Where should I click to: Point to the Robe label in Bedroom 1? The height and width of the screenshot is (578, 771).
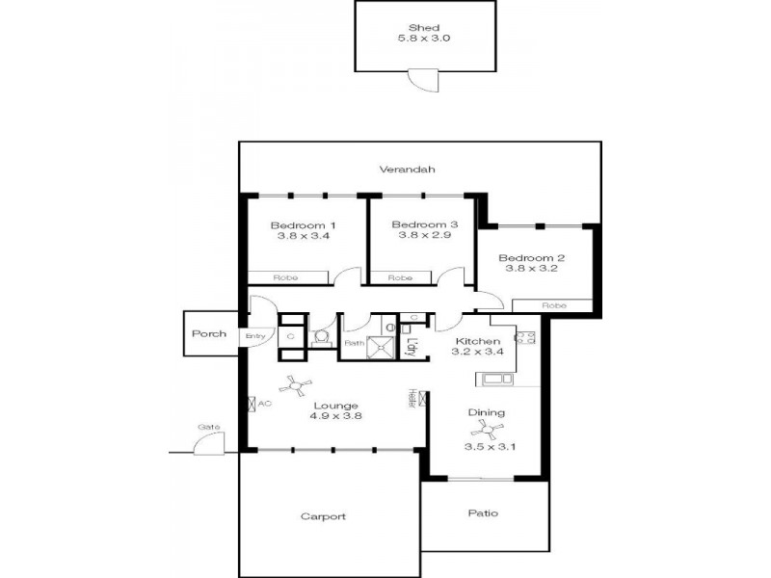click(x=285, y=277)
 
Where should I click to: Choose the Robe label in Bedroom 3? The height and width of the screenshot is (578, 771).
click(x=400, y=277)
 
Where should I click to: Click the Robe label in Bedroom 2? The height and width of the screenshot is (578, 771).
click(x=553, y=305)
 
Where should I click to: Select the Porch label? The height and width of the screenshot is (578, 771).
click(x=208, y=334)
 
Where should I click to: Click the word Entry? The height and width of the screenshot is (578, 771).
click(x=254, y=335)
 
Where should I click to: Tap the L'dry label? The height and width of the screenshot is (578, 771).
click(x=411, y=343)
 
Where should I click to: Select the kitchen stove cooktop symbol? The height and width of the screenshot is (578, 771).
click(x=526, y=338)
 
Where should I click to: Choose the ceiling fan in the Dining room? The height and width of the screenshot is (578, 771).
click(x=488, y=431)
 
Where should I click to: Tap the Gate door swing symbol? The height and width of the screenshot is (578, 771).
click(x=206, y=442)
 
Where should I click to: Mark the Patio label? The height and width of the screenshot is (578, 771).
click(x=483, y=513)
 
